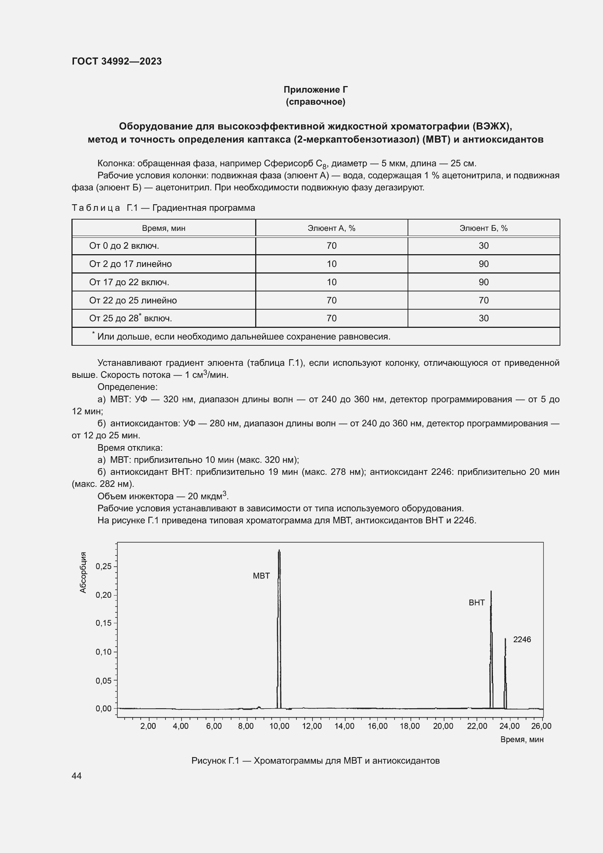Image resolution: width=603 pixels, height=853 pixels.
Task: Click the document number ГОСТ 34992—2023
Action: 117,61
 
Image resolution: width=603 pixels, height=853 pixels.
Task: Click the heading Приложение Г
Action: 315,90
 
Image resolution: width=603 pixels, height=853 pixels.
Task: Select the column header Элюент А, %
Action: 331,228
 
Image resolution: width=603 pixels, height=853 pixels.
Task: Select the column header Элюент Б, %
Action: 483,228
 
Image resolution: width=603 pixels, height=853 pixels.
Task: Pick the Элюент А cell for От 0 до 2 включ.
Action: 331,245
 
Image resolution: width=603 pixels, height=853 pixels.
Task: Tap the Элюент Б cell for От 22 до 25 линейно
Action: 483,300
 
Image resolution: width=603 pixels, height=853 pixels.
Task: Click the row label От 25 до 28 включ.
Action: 130,318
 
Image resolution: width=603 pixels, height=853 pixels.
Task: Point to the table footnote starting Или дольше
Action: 243,337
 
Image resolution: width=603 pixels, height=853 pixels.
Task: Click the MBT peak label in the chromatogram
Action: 261,576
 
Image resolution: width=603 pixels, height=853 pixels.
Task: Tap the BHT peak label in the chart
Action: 476,602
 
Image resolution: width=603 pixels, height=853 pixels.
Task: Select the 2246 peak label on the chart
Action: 522,639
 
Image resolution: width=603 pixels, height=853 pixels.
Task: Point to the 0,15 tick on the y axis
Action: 104,623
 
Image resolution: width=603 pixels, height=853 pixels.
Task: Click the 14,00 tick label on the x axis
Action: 345,726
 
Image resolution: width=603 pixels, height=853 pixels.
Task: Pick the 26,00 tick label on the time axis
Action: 542,726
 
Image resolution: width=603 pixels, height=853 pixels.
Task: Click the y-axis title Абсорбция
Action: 83,573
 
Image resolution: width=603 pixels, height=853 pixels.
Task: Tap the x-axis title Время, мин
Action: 522,739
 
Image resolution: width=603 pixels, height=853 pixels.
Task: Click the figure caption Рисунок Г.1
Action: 315,761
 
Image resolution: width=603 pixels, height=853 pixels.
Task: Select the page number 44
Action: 77,776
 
